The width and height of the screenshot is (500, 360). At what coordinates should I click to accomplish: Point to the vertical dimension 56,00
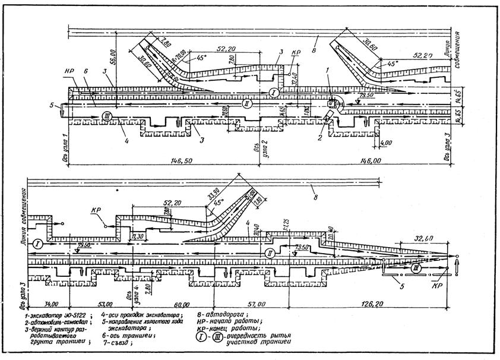coord(112,57)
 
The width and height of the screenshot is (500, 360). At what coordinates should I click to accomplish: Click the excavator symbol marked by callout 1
coord(330,103)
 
